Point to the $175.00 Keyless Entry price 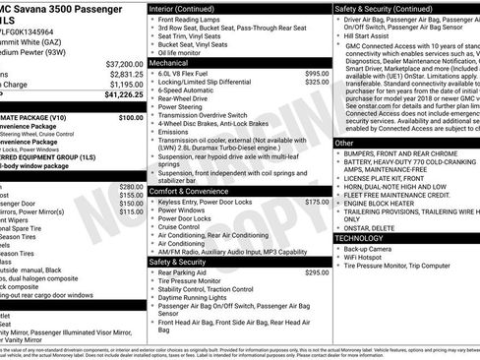click(x=317, y=201)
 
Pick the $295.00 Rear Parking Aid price click(x=317, y=272)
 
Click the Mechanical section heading click(x=170, y=61)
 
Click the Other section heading click(x=344, y=143)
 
